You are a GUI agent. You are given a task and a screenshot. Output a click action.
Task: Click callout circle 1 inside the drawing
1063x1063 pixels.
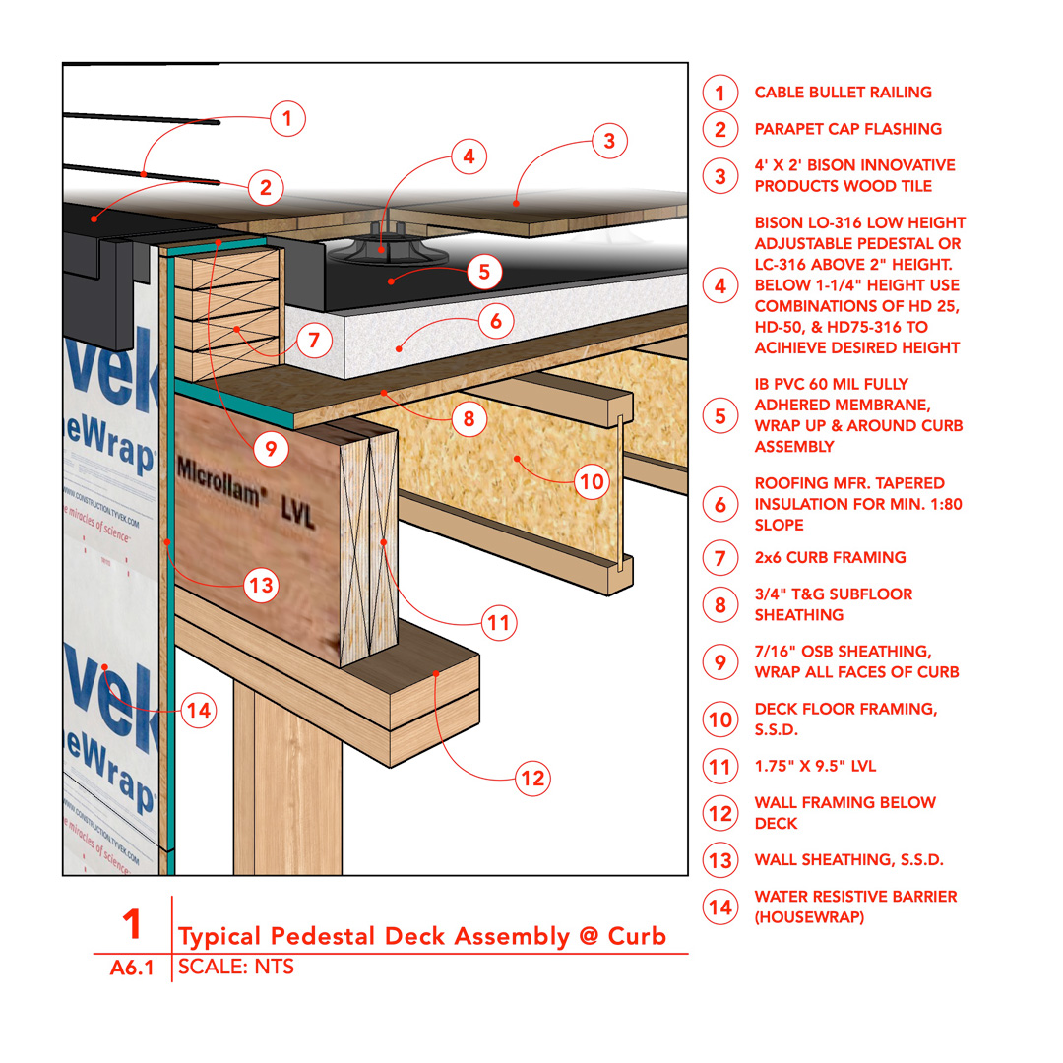point(286,119)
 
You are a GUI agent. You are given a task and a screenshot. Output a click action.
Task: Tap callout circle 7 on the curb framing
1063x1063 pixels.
point(313,342)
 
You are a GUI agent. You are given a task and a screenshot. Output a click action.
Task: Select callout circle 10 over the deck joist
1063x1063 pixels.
point(590,481)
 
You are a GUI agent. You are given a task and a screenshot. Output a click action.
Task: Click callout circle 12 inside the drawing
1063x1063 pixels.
point(532,780)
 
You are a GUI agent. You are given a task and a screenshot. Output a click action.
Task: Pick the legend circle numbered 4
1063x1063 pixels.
point(720,285)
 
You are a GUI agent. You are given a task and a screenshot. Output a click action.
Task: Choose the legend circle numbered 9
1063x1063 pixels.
point(720,661)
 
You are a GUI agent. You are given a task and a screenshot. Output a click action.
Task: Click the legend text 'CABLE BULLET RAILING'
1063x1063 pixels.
point(843,93)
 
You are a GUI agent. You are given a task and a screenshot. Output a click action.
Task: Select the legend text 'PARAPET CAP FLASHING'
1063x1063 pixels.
point(847,129)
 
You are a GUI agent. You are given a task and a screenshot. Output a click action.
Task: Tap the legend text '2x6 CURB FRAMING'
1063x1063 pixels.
point(830,557)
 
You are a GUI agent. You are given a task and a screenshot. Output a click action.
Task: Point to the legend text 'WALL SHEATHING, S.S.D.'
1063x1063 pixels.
point(848,859)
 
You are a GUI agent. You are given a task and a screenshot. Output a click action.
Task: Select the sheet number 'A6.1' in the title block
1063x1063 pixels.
point(133,968)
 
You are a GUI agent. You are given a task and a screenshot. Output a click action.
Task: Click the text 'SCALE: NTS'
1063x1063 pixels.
point(236,967)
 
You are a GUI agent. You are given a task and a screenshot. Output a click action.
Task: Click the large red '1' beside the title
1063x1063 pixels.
point(133,925)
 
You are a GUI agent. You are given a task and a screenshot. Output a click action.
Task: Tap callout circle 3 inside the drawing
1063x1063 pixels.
point(609,141)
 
